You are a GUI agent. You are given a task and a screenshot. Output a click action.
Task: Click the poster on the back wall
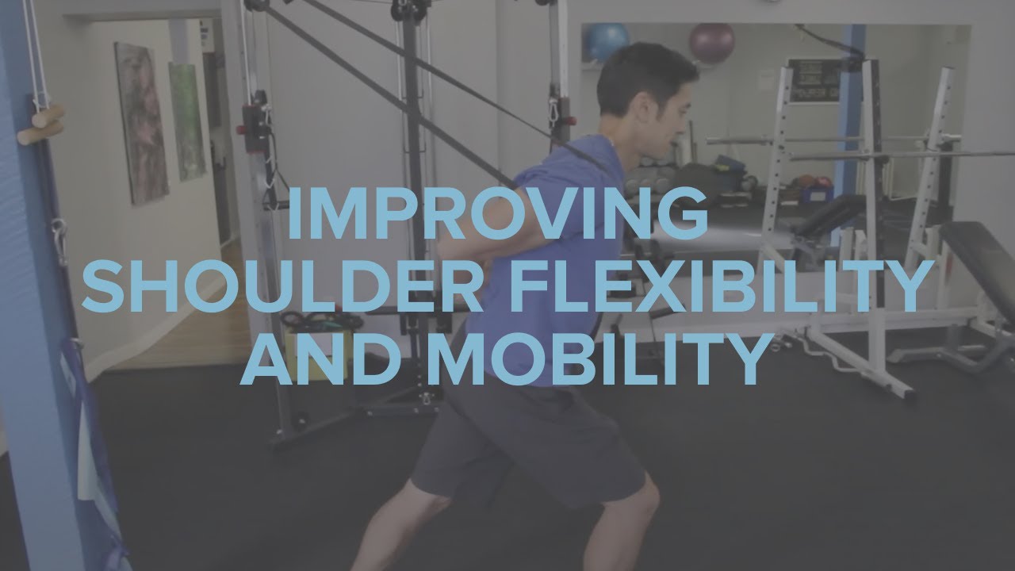point(810,79)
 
